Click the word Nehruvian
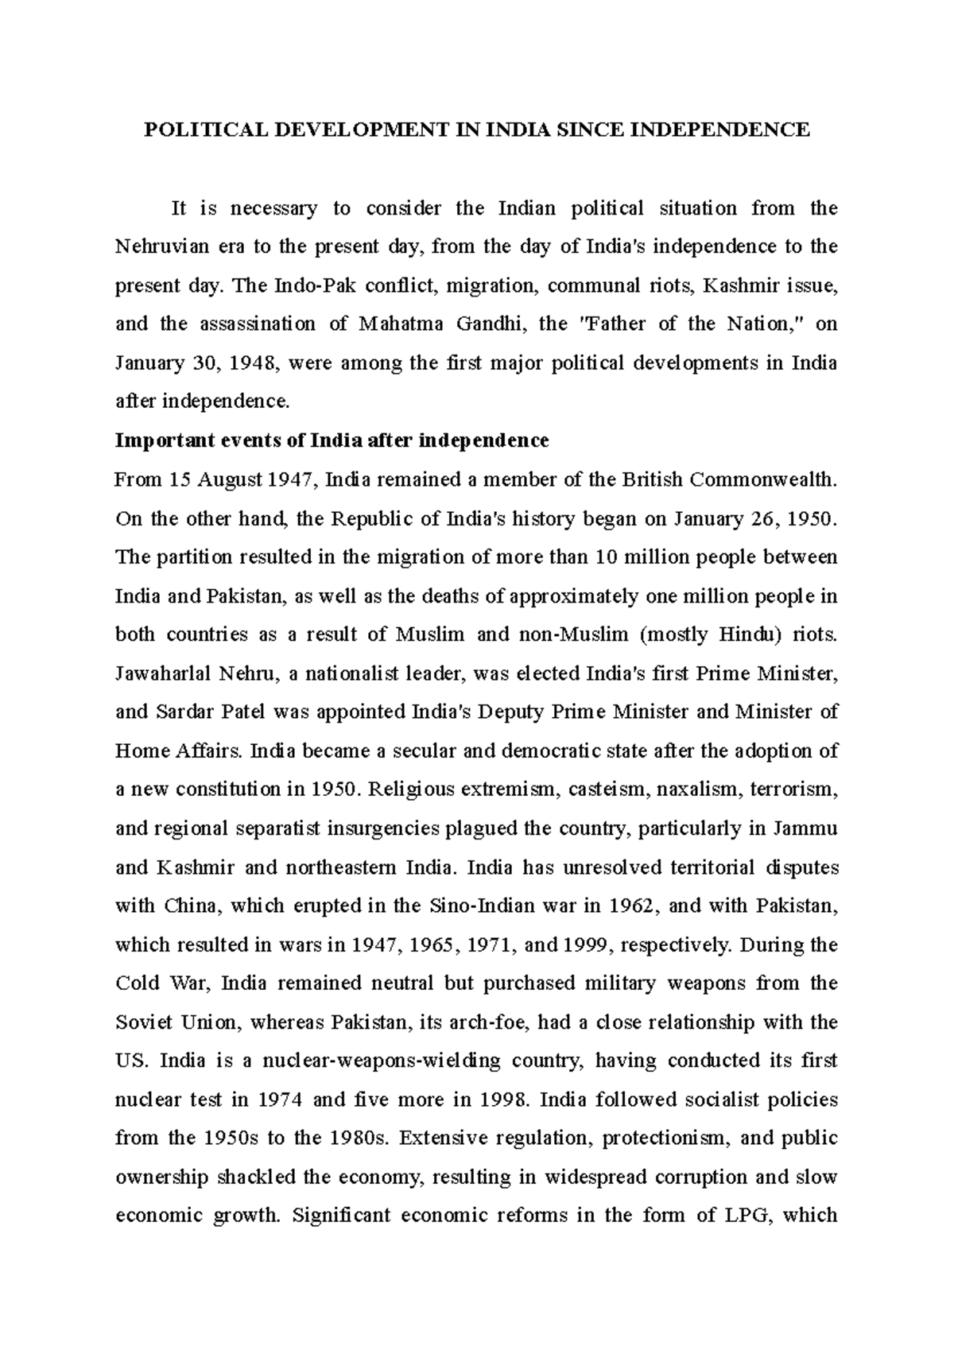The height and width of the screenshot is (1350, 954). click(x=161, y=246)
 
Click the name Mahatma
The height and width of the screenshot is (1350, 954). click(x=394, y=324)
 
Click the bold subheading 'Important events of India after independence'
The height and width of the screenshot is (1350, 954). click(x=332, y=440)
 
